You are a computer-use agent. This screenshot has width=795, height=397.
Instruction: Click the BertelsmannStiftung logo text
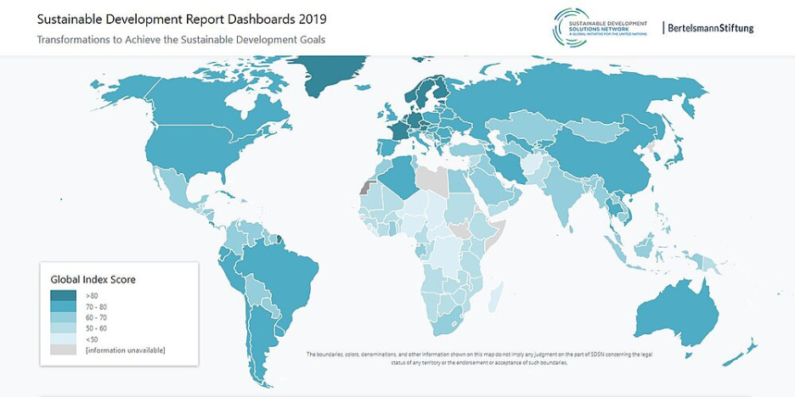click(x=710, y=28)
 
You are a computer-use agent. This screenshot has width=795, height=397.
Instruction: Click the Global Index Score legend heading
click(x=93, y=280)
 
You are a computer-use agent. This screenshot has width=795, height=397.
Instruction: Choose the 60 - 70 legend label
click(x=98, y=317)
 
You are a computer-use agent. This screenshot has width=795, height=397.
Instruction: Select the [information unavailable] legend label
click(x=125, y=350)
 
